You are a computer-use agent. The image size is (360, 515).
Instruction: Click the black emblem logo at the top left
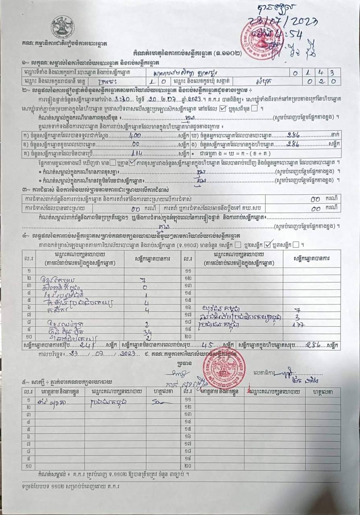[62, 27]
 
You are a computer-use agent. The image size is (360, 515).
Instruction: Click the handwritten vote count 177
[298, 325]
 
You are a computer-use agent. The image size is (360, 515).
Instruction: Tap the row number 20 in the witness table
[187, 466]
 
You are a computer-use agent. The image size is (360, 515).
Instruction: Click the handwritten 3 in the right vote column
[298, 317]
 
